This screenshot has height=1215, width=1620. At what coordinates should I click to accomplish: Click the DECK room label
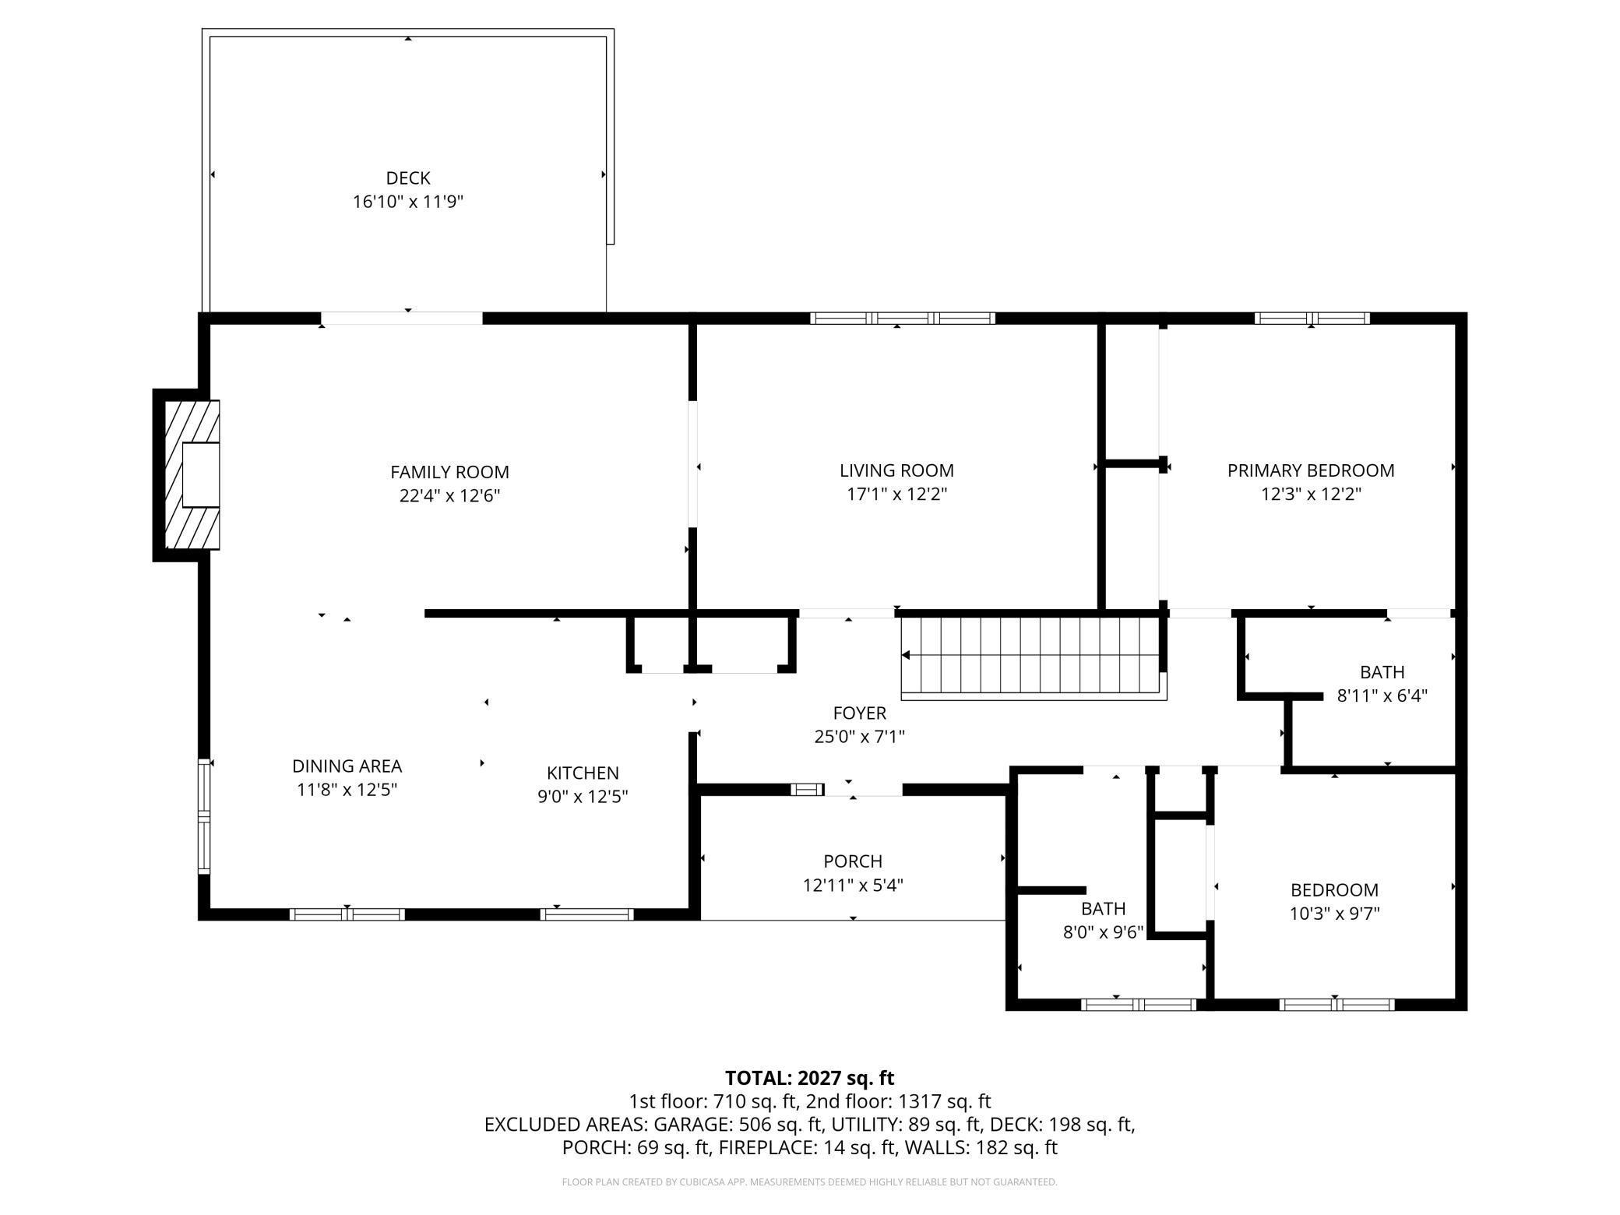(x=408, y=178)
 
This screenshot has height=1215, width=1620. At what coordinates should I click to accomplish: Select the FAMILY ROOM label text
(x=449, y=472)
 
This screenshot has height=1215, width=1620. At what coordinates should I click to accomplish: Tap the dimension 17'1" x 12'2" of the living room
(x=896, y=494)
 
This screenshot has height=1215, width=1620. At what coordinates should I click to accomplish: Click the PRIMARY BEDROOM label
(x=1311, y=470)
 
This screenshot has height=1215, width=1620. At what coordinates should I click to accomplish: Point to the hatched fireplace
(x=192, y=474)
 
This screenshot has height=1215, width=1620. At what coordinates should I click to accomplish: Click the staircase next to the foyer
(x=1034, y=657)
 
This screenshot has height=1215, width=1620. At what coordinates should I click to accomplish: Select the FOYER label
(x=859, y=713)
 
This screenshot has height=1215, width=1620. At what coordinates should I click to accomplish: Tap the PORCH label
(x=853, y=861)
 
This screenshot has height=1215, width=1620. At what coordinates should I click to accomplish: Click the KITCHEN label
(x=583, y=773)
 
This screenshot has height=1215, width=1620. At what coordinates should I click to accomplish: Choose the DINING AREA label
(x=347, y=766)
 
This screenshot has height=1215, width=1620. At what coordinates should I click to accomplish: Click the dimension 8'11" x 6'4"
(x=1382, y=696)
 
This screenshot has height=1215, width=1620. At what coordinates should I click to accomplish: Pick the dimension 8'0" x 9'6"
(x=1103, y=932)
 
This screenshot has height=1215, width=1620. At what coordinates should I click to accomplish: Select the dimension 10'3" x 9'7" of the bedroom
(x=1334, y=914)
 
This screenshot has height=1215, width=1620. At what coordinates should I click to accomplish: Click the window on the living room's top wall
(x=903, y=318)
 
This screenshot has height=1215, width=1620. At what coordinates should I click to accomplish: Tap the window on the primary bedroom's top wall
(x=1312, y=318)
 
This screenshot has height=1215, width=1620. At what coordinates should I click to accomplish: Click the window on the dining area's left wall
(x=204, y=816)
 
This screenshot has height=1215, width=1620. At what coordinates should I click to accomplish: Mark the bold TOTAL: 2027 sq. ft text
(x=809, y=1078)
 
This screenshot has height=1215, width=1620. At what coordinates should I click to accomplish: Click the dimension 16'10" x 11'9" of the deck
(x=408, y=202)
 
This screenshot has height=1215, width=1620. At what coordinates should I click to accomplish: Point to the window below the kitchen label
(x=586, y=914)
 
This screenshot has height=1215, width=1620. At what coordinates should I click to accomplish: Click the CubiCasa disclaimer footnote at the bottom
(x=809, y=1182)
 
